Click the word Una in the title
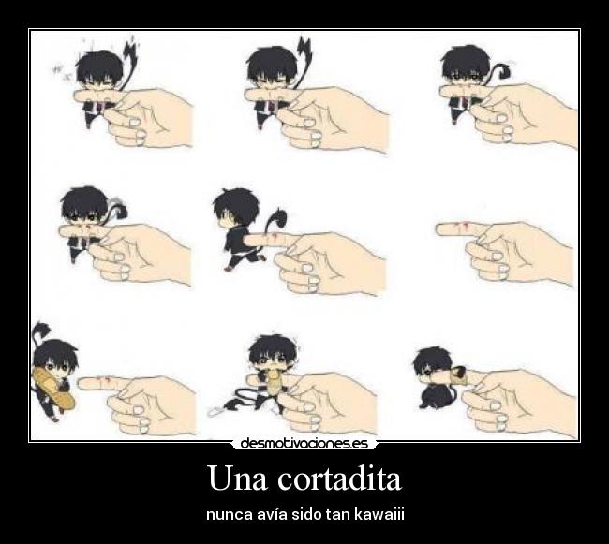pos(238,478)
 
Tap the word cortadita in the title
pos(339,478)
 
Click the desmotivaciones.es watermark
pos(304,444)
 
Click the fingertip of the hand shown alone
pos(439,229)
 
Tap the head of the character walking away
pos(236,209)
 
